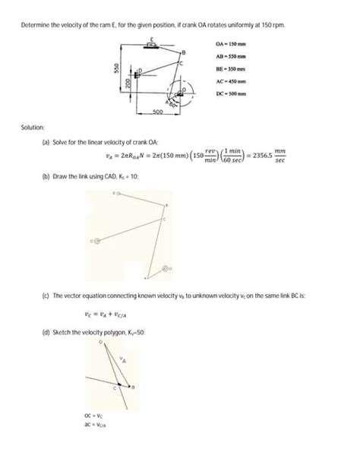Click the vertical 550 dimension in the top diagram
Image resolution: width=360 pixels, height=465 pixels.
115,68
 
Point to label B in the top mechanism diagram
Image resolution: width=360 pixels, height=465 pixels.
182,50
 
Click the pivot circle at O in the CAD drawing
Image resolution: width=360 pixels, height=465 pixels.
166,269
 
